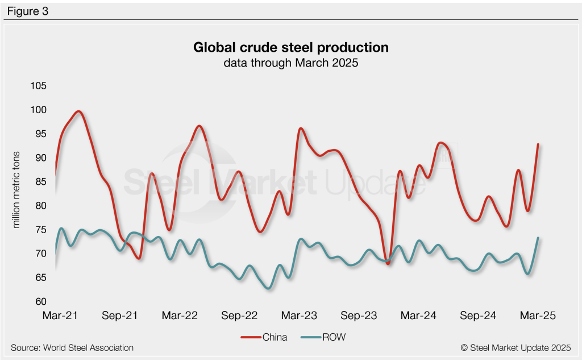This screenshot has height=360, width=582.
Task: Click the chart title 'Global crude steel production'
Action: pyautogui.click(x=290, y=47)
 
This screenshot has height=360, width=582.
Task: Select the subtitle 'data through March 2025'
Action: pyautogui.click(x=290, y=63)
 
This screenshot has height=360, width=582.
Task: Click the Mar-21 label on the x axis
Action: pyautogui.click(x=60, y=315)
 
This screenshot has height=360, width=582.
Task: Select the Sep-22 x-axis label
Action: pyautogui.click(x=239, y=315)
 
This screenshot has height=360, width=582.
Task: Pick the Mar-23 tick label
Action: pyautogui.click(x=300, y=315)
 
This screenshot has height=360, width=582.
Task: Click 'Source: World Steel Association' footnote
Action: pyautogui.click(x=72, y=347)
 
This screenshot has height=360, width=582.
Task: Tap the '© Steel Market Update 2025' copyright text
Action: pyautogui.click(x=516, y=347)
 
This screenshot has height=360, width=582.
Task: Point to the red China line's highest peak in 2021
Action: pyautogui.click(x=78, y=111)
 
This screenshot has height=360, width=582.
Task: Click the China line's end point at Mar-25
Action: pyautogui.click(x=538, y=144)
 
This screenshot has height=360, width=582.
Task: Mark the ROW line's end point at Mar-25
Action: pyautogui.click(x=538, y=238)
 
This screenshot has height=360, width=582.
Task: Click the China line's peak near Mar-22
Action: pyautogui.click(x=199, y=126)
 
